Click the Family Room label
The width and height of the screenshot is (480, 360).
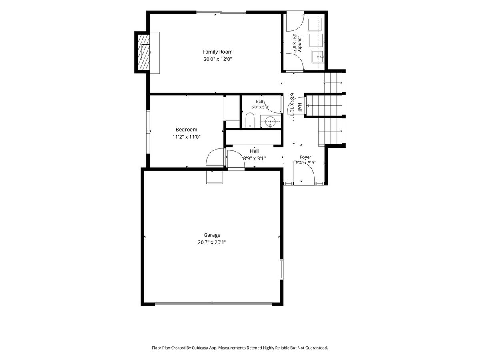218,52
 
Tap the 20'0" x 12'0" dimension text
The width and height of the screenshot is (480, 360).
218,59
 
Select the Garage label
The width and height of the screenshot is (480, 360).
212,235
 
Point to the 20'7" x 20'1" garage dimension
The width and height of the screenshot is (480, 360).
212,242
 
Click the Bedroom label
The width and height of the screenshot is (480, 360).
186,130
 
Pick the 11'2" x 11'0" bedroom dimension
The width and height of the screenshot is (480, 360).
186,137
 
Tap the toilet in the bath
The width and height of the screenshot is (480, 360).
250,120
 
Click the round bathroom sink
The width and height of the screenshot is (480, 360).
270,121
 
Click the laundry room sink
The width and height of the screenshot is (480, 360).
318,56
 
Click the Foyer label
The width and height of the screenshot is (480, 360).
306,157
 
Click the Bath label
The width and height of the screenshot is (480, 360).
260,102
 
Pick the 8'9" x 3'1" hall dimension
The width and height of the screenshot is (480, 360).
254,158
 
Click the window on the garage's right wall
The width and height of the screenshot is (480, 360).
282,269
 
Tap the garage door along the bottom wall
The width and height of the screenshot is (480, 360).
214,304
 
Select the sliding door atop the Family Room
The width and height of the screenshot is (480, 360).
221,13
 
